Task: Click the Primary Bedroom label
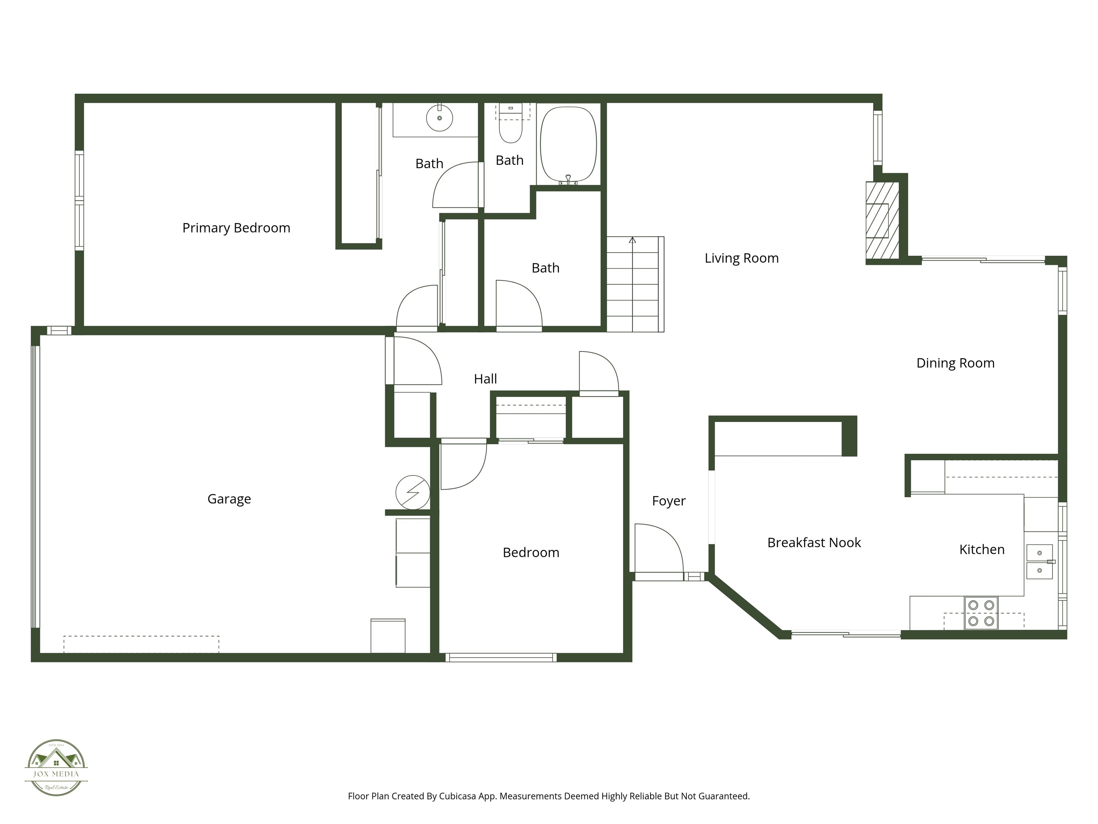pos(236,228)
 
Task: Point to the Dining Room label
pos(955,363)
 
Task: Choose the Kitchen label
pos(981,549)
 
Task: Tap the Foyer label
pos(669,501)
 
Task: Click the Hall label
pos(485,379)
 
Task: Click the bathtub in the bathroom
pos(568,144)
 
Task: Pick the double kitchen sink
pos(1039,562)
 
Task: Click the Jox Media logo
pos(56,767)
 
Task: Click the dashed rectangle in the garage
pos(141,644)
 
